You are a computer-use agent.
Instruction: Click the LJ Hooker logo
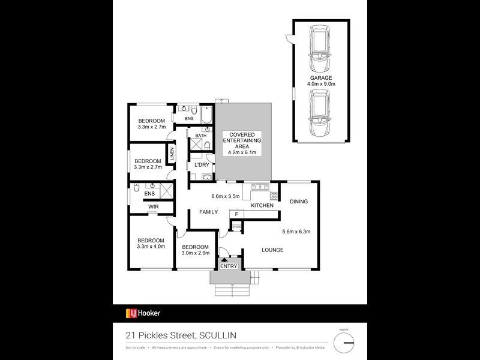coord(143,313)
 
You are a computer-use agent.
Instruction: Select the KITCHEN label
coord(262,206)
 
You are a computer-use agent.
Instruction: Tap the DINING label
coord(298,202)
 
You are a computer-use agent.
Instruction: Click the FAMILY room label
coord(209,212)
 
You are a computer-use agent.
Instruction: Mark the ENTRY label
coord(229,266)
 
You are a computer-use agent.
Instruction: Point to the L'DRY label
coord(202,164)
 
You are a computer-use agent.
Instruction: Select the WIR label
coord(153,206)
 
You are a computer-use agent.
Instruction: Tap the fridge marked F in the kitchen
coord(236,214)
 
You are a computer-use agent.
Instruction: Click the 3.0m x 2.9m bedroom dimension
coord(195,254)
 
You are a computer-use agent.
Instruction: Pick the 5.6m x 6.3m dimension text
coord(296,232)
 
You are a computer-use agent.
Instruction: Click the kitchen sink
coord(259,187)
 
